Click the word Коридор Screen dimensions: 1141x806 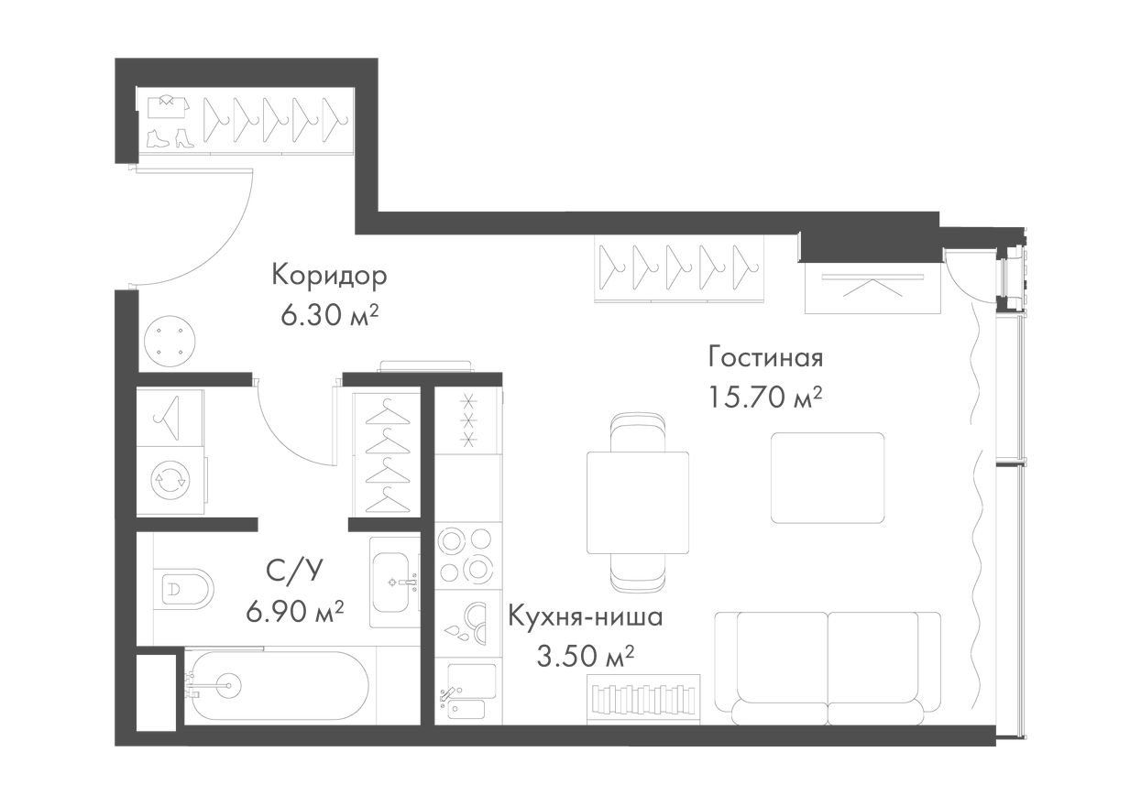[329, 277]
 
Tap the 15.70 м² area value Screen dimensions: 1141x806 [765, 398]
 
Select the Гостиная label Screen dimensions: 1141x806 [765, 357]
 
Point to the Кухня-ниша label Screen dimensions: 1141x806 [586, 617]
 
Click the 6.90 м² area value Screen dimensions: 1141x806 [295, 611]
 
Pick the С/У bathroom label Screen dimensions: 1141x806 [295, 571]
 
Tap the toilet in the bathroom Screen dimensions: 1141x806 [183, 589]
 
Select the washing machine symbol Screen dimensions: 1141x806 [171, 480]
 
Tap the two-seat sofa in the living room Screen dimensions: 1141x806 [828, 668]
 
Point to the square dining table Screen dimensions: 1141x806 [638, 502]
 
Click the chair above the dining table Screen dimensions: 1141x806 [638, 431]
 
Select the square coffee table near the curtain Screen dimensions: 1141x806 [828, 477]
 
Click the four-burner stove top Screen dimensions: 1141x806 [466, 555]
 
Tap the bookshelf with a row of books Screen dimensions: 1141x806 [643, 699]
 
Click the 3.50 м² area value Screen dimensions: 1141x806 [586, 657]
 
